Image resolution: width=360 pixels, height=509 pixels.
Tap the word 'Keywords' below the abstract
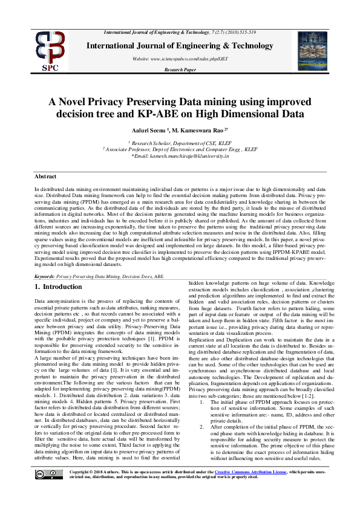pos(46,274)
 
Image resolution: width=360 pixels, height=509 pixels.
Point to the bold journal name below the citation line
pos(180,46)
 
